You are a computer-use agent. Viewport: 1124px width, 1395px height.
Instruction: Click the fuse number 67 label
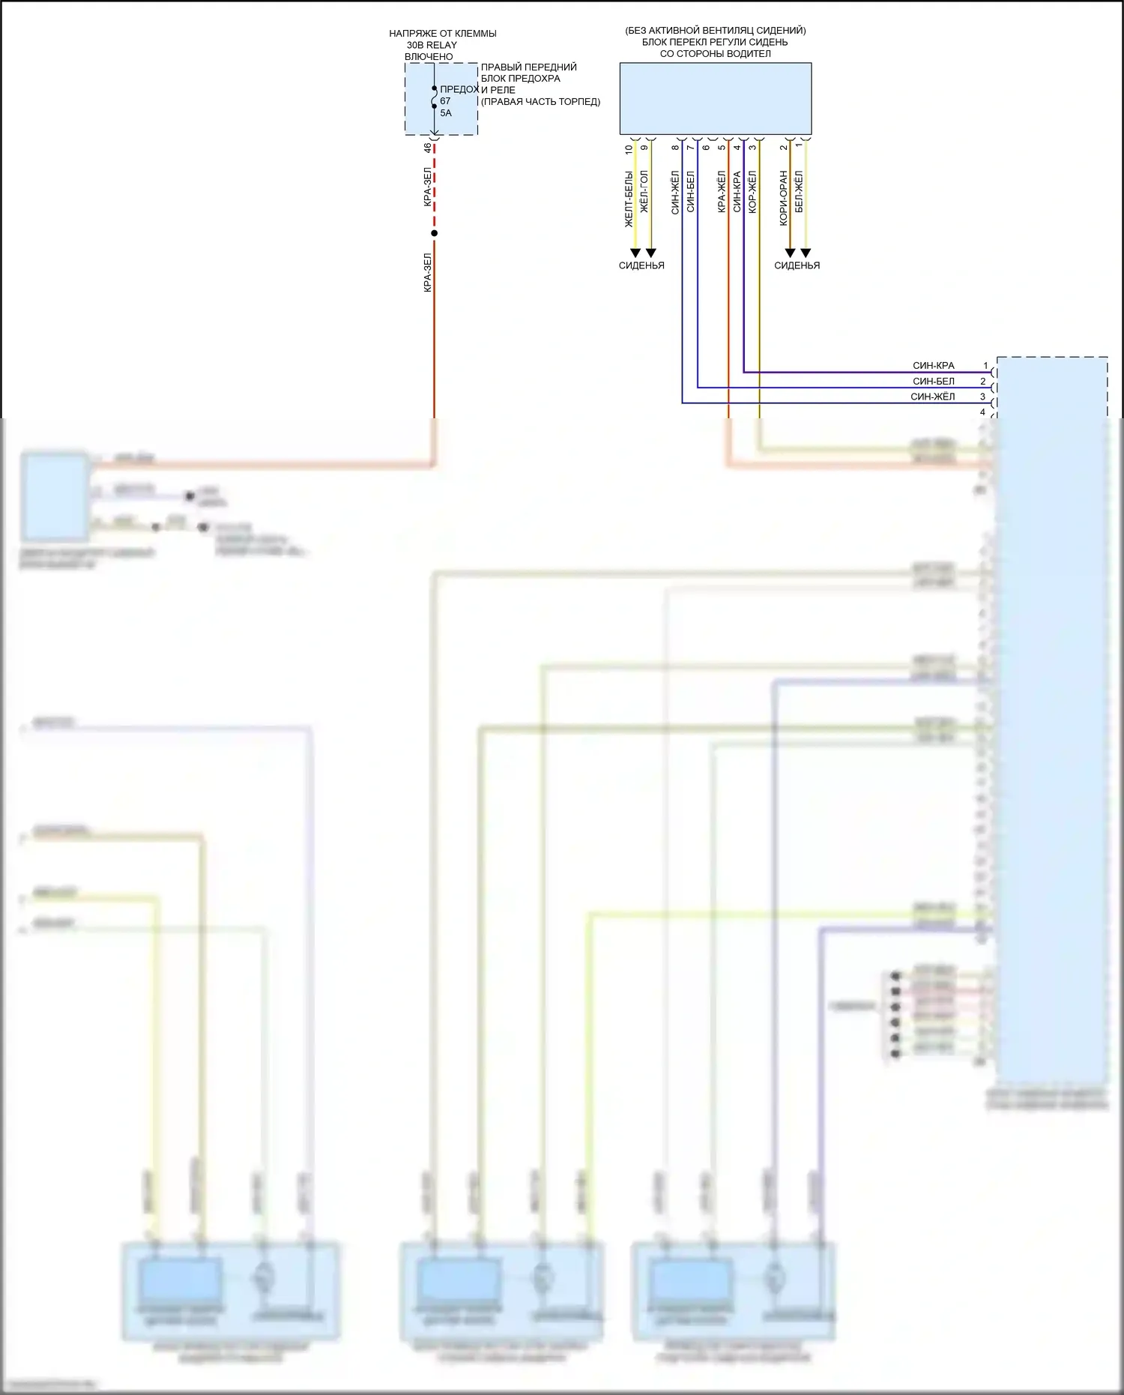pyautogui.click(x=445, y=101)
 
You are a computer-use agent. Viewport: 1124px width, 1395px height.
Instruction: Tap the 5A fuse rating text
pyautogui.click(x=446, y=113)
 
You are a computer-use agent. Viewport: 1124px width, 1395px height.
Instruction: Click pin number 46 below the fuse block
pyautogui.click(x=428, y=148)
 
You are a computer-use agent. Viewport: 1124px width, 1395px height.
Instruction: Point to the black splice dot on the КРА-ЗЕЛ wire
pyautogui.click(x=434, y=233)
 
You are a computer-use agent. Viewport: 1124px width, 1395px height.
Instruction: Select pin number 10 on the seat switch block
pyautogui.click(x=629, y=149)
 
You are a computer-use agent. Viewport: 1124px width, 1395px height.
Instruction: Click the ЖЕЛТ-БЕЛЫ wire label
pyautogui.click(x=629, y=199)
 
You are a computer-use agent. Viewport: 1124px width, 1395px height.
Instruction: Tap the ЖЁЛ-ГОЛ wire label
pyautogui.click(x=644, y=192)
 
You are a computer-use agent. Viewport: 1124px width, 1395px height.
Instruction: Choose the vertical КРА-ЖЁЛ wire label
pyautogui.click(x=722, y=192)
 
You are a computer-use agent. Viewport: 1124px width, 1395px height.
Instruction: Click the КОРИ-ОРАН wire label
pyautogui.click(x=784, y=198)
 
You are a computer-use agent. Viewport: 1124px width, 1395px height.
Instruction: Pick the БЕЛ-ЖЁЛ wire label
pyautogui.click(x=799, y=192)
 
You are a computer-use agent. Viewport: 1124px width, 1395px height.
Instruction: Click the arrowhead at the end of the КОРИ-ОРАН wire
pyautogui.click(x=790, y=253)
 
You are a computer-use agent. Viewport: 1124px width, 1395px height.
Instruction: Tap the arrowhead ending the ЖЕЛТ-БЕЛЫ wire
pyautogui.click(x=635, y=253)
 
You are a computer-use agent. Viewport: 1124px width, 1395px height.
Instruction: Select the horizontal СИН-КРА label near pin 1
pyautogui.click(x=933, y=366)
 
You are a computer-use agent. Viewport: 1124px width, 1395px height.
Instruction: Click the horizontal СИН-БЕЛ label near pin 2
pyautogui.click(x=933, y=382)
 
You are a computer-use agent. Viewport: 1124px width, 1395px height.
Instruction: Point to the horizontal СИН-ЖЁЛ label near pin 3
pyautogui.click(x=932, y=397)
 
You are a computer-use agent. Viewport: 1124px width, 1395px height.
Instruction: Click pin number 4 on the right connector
pyautogui.click(x=983, y=412)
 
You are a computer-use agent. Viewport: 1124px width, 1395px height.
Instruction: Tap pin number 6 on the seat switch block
pyautogui.click(x=706, y=148)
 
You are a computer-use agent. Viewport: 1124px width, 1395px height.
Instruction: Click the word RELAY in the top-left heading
pyautogui.click(x=441, y=45)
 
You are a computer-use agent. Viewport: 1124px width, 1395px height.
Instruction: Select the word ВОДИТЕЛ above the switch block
pyautogui.click(x=747, y=54)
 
